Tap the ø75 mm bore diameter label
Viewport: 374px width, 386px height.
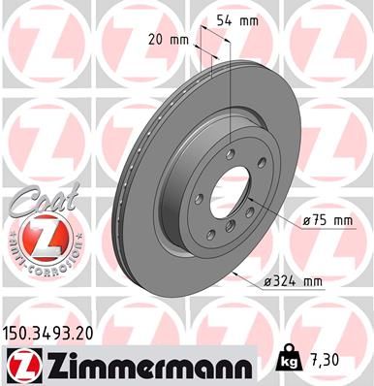coord(326,220)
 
